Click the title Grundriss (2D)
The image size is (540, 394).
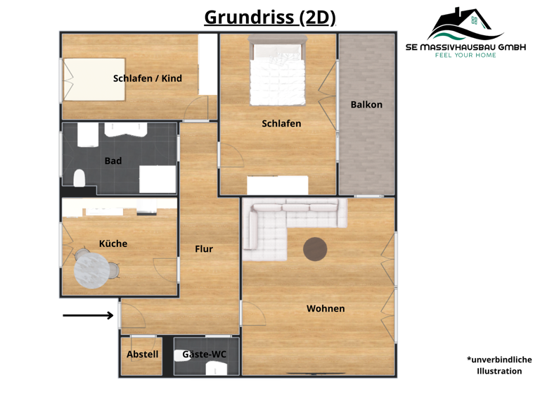[x=269, y=17]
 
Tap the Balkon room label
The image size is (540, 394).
[x=366, y=104]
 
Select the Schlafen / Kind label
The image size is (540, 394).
[x=147, y=78]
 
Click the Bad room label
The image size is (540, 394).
[x=112, y=160]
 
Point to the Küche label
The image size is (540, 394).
[x=112, y=243]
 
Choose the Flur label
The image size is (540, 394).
[x=203, y=248]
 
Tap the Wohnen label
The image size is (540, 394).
[x=326, y=308]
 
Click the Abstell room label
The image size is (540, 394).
[x=142, y=355]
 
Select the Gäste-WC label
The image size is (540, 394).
[x=204, y=355]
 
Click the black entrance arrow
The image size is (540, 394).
[x=88, y=315]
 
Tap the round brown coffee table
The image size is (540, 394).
[x=315, y=248]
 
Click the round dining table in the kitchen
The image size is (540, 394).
[x=91, y=271]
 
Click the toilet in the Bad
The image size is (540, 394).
[x=79, y=179]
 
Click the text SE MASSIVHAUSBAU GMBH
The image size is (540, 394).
[x=465, y=46]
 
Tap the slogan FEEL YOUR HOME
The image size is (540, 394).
[x=465, y=55]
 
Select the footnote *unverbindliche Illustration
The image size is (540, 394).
[x=499, y=365]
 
